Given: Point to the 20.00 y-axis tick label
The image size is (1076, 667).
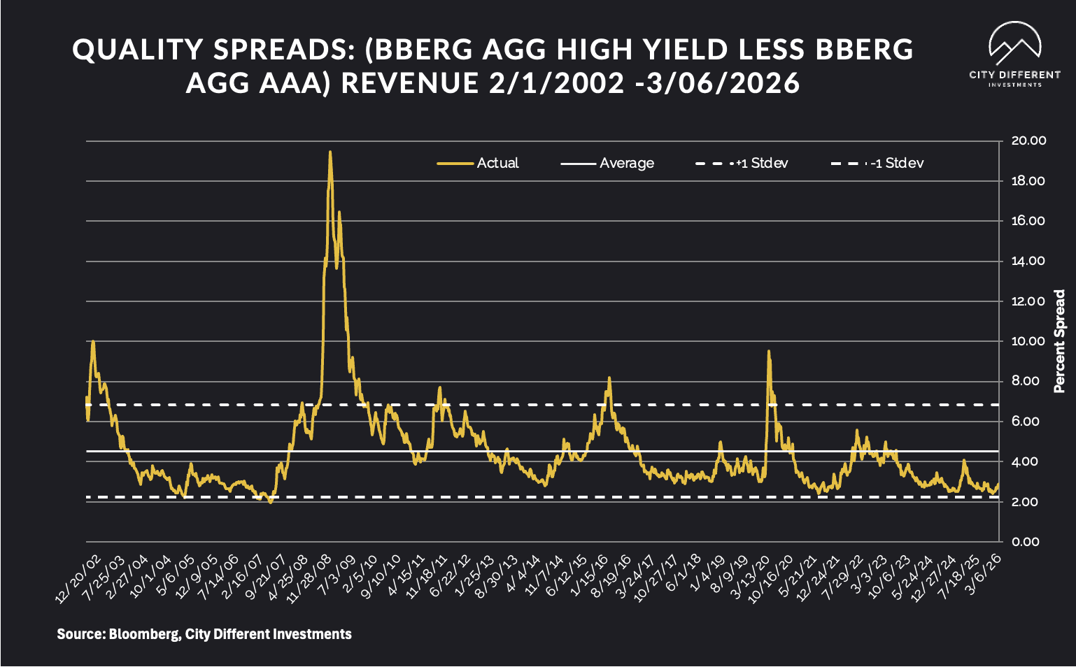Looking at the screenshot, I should click(1028, 141).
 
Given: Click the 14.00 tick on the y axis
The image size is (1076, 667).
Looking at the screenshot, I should click(1028, 261).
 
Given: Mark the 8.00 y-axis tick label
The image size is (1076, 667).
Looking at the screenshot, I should click(1026, 382).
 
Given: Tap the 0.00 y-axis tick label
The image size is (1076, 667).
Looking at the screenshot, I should click(1026, 542).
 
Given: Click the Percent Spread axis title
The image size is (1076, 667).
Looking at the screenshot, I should click(1059, 341).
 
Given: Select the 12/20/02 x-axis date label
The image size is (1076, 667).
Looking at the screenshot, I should click(78, 580).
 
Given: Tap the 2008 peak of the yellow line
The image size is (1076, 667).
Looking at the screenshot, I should click(330, 152).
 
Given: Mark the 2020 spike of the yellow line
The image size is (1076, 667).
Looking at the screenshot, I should click(769, 352).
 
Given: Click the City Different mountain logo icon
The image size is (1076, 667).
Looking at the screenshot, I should click(1014, 43).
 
